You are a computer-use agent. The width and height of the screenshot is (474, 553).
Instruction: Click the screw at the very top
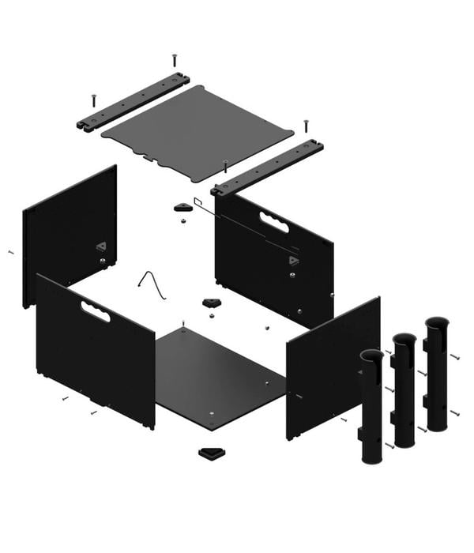click(174, 59)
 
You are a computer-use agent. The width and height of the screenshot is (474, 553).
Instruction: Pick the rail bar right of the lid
click(269, 167)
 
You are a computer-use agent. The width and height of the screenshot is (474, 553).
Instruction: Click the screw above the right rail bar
click(306, 126)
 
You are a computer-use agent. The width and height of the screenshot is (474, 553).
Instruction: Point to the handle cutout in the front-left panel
click(95, 310)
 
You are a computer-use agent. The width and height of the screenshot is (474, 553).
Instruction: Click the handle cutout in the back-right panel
click(274, 223)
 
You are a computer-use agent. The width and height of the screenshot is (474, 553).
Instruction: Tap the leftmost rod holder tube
click(371, 407)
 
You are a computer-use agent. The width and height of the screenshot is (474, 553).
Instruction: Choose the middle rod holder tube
click(404, 390)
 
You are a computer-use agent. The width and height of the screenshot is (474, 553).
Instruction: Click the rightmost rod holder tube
click(436, 374)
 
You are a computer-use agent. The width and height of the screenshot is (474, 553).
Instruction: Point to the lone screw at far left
click(11, 252)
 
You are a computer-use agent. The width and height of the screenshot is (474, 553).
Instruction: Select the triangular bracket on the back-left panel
click(101, 246)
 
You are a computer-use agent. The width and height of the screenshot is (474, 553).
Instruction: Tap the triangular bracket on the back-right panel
click(293, 260)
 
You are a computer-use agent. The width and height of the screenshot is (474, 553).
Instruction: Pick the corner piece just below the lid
click(183, 207)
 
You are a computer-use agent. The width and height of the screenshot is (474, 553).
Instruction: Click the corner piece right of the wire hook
click(211, 303)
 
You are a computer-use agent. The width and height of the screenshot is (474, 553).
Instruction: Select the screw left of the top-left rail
click(92, 100)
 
